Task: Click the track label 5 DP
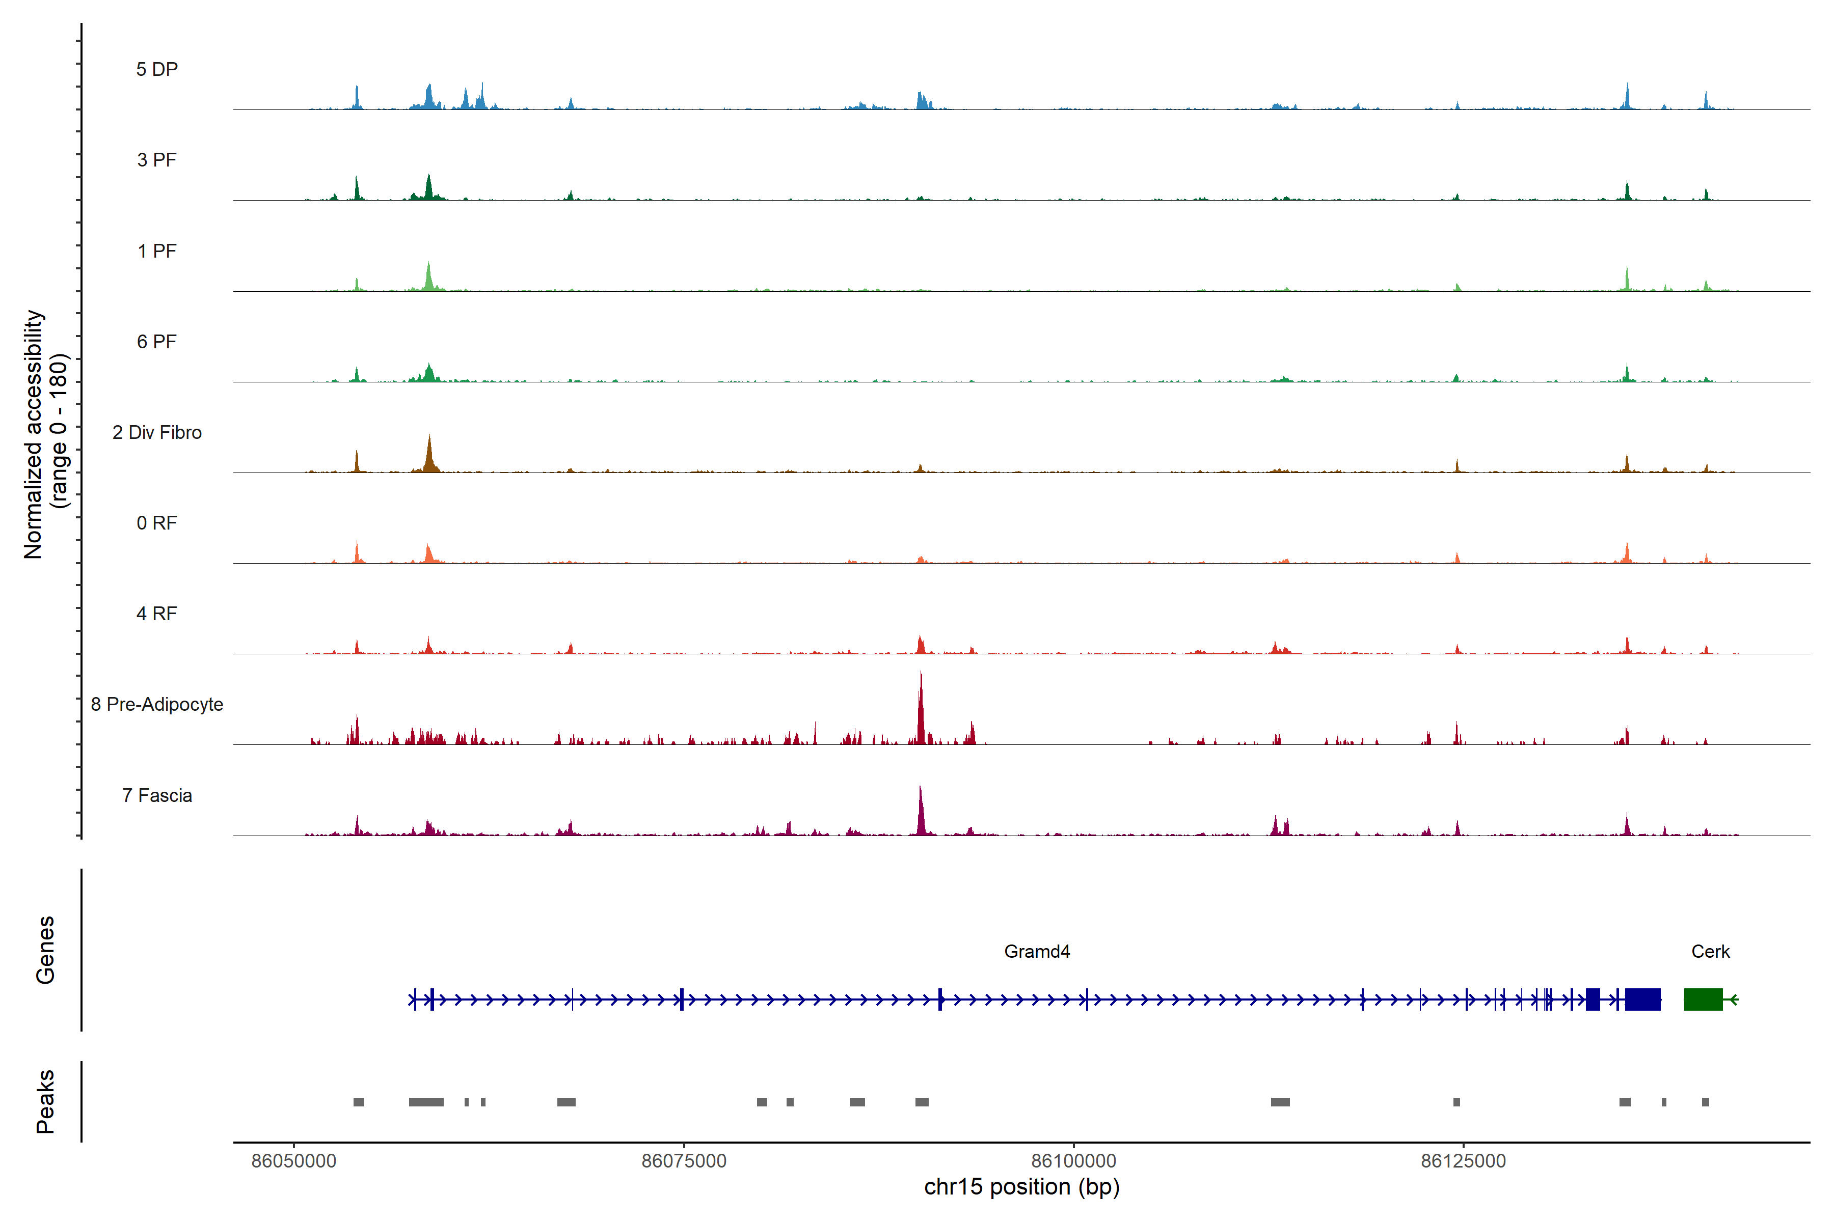157,69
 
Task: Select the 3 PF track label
157,160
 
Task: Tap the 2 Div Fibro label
157,432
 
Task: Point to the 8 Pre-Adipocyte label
157,705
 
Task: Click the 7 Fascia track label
157,796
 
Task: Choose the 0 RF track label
157,523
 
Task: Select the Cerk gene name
1710,952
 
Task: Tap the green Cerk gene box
1703,999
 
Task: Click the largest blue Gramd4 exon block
1642,999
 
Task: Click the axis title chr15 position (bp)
1021,1187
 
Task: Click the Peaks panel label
45,1101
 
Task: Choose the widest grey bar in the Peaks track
426,1102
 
